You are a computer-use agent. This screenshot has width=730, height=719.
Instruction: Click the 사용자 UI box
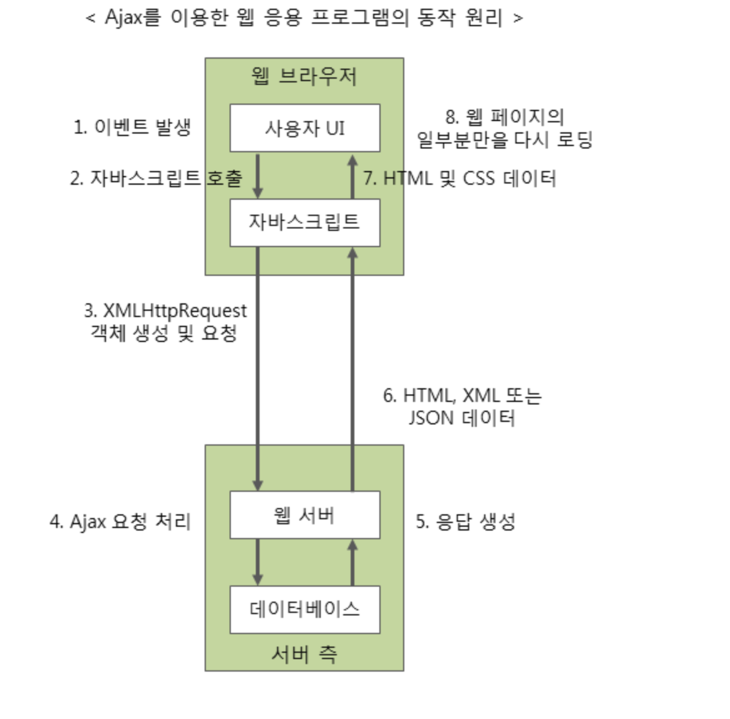(304, 128)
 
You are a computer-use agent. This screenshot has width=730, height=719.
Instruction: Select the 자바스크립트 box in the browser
(304, 222)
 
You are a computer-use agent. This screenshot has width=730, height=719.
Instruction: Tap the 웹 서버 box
(304, 515)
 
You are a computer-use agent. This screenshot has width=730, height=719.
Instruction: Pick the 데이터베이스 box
(304, 609)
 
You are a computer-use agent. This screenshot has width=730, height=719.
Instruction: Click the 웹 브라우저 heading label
(304, 76)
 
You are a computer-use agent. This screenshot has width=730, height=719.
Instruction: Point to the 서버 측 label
(304, 653)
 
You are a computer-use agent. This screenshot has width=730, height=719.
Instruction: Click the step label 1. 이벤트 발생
(132, 127)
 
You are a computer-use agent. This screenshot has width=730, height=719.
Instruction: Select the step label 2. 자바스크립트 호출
(156, 179)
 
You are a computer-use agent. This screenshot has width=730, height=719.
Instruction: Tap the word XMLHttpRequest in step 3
(175, 310)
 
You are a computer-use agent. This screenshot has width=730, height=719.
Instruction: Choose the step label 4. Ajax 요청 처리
(120, 521)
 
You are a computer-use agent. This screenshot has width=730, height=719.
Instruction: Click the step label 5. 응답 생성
(465, 521)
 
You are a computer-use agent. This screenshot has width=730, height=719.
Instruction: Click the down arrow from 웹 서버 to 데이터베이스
(257, 562)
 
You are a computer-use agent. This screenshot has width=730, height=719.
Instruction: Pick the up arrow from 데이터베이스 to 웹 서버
(353, 562)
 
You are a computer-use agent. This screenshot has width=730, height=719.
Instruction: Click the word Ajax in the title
(124, 17)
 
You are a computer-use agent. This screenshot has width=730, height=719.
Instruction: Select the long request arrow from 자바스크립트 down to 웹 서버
(257, 368)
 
